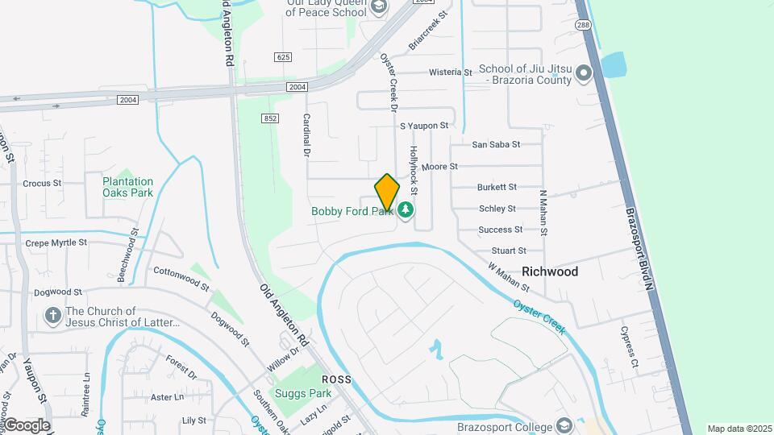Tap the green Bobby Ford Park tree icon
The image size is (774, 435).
pyautogui.click(x=406, y=211)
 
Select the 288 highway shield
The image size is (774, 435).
pyautogui.click(x=582, y=26)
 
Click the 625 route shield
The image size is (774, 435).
pyautogui.click(x=282, y=57)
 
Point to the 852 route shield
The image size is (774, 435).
pyautogui.click(x=270, y=118)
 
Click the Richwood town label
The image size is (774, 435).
pyautogui.click(x=550, y=271)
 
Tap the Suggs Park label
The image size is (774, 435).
pyautogui.click(x=302, y=394)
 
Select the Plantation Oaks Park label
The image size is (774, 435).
pyautogui.click(x=127, y=187)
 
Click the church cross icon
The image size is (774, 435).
pyautogui.click(x=53, y=317)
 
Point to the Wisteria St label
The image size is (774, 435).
pyautogui.click(x=450, y=72)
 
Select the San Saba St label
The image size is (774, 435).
pyautogui.click(x=496, y=145)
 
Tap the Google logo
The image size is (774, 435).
pyautogui.click(x=26, y=425)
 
